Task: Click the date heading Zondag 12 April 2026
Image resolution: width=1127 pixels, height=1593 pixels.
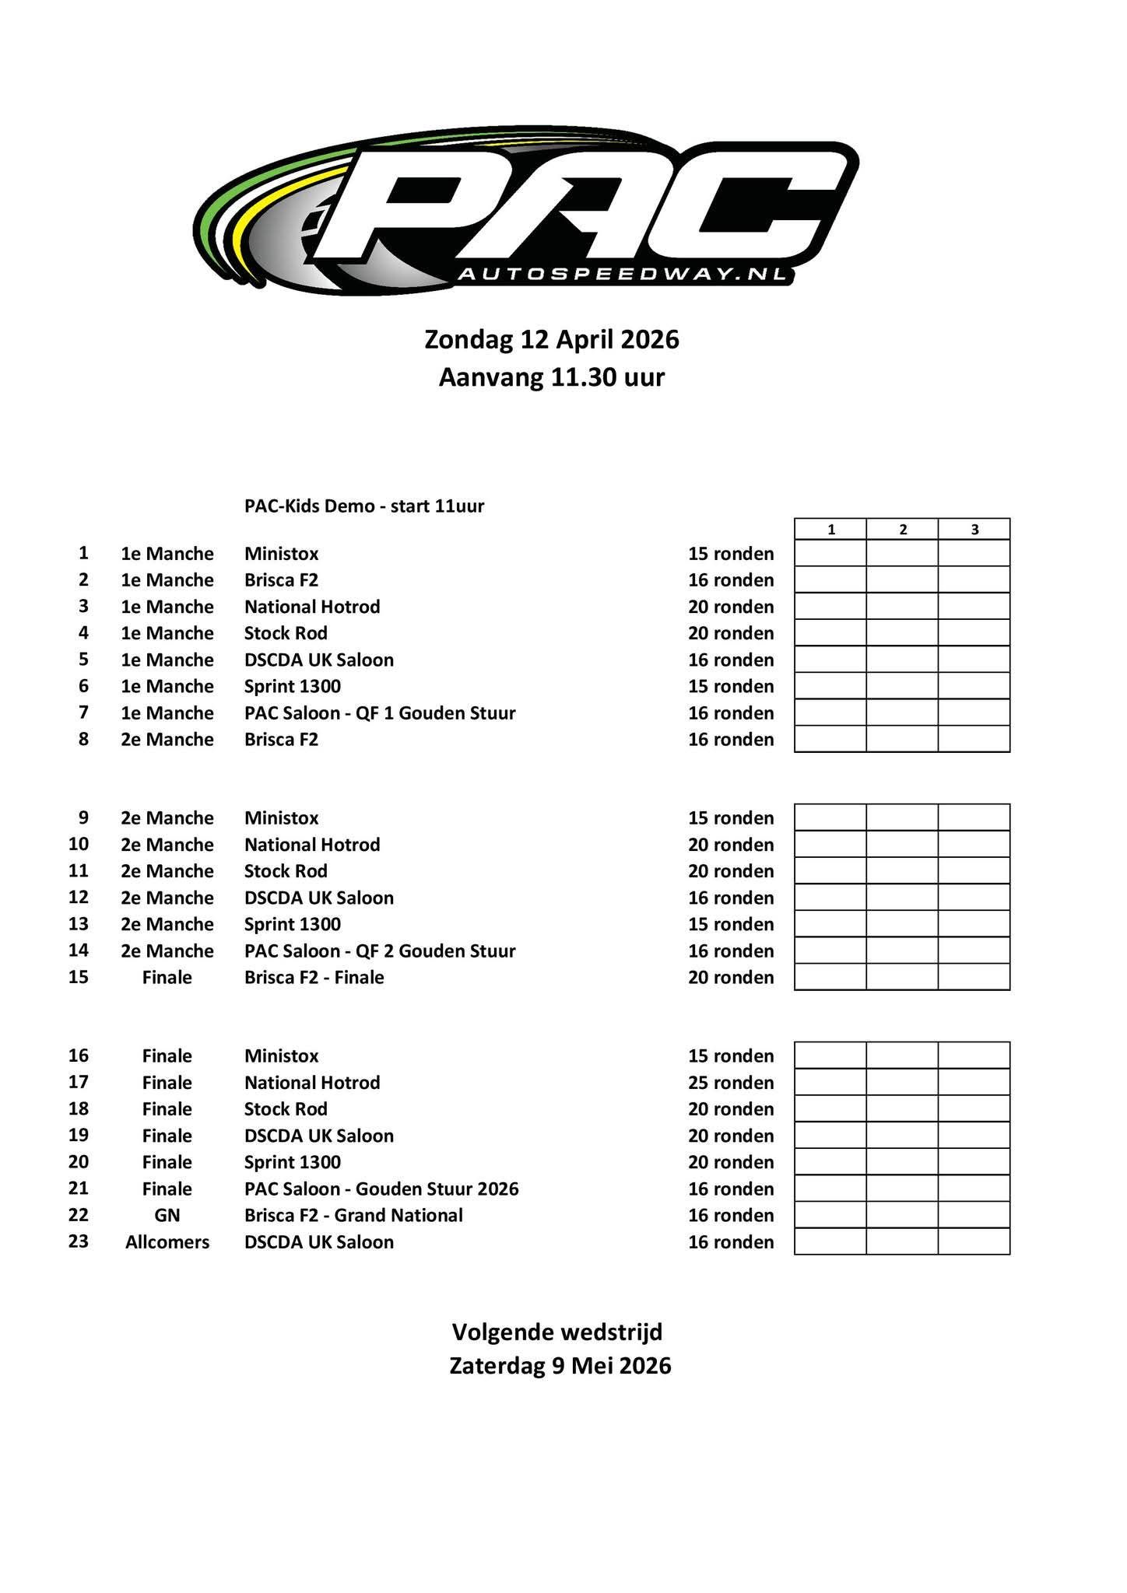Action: [x=552, y=340]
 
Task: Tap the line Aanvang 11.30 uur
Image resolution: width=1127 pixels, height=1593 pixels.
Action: [x=552, y=378]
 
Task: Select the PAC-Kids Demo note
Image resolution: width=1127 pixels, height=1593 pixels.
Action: [x=364, y=506]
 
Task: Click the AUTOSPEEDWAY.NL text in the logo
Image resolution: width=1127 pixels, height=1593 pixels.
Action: [x=622, y=274]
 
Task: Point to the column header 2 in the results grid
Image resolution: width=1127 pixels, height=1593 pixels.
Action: [x=902, y=530]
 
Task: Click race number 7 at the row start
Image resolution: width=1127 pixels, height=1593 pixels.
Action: [x=83, y=712]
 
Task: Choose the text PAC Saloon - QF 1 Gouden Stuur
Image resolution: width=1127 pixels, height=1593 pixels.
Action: [x=380, y=713]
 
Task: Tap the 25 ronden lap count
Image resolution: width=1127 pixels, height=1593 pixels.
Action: [x=731, y=1083]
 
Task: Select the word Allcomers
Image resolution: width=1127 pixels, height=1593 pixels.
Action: [x=167, y=1242]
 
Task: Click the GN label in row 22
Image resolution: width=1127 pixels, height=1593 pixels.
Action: [x=167, y=1216]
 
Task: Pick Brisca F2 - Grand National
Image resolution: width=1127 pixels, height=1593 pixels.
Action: [x=353, y=1216]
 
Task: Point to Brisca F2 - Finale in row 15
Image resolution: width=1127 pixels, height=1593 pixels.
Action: [x=314, y=978]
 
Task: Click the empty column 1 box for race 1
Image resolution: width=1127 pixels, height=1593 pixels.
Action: [x=830, y=554]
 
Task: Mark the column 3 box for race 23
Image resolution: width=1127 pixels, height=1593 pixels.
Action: [x=974, y=1242]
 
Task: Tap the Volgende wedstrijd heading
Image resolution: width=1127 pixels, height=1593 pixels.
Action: [x=557, y=1332]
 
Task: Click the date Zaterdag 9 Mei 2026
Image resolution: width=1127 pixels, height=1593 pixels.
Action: [x=560, y=1367]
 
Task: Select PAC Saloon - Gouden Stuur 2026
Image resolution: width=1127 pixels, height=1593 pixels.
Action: [x=381, y=1189]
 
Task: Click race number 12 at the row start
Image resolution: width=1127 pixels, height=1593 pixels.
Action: [x=79, y=898]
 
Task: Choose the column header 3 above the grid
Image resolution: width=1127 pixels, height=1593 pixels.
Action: [x=974, y=530]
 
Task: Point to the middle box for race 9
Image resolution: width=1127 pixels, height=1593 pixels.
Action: [x=902, y=818]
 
